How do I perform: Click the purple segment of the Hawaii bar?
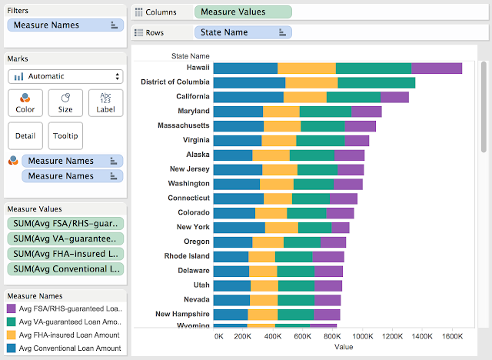(437, 68)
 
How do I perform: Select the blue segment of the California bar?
(248, 97)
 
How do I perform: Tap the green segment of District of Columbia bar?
(376, 82)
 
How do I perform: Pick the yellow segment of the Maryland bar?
(281, 112)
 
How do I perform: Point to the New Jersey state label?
(188, 169)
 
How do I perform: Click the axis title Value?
(344, 348)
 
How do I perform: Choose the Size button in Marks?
(65, 102)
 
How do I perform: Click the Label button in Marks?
(105, 102)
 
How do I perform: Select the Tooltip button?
(65, 136)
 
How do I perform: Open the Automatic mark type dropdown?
(65, 76)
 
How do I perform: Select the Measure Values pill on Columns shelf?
(243, 12)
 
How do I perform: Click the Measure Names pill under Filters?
(65, 25)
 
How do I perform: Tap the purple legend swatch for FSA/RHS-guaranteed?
(12, 308)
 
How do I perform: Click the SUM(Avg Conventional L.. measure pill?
(65, 269)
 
